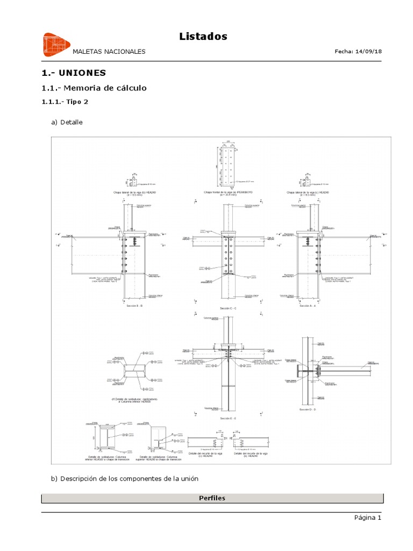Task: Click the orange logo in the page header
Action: (x=56, y=45)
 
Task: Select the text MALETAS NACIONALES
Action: (x=109, y=52)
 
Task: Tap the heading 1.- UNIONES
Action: (x=74, y=73)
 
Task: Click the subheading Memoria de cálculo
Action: (x=94, y=88)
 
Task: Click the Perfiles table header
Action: (x=212, y=498)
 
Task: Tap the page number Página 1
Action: (x=367, y=518)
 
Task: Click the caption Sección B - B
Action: (x=134, y=306)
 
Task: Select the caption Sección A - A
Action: (x=308, y=306)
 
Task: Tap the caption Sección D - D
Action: (x=308, y=409)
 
